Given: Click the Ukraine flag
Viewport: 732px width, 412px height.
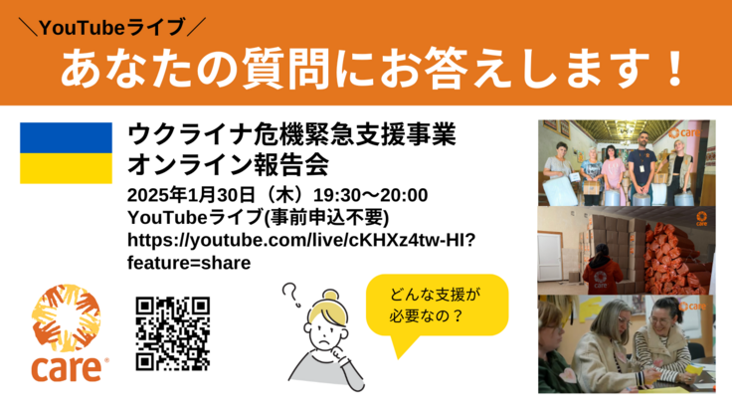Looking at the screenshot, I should [x=66, y=152].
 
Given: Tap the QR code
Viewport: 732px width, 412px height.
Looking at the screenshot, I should [x=171, y=332].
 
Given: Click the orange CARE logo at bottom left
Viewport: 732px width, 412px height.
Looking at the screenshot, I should [x=66, y=333].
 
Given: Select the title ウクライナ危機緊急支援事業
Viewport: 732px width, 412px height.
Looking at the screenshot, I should [x=291, y=133].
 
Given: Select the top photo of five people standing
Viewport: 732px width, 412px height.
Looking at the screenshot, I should [x=627, y=162].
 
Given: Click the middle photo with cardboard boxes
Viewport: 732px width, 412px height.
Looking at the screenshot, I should [x=627, y=250].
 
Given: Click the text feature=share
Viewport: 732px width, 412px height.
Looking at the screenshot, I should [x=189, y=263].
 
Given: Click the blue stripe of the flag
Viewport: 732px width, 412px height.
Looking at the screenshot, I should [x=66, y=137].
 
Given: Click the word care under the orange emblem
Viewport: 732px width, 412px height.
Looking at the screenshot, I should [x=66, y=368].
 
